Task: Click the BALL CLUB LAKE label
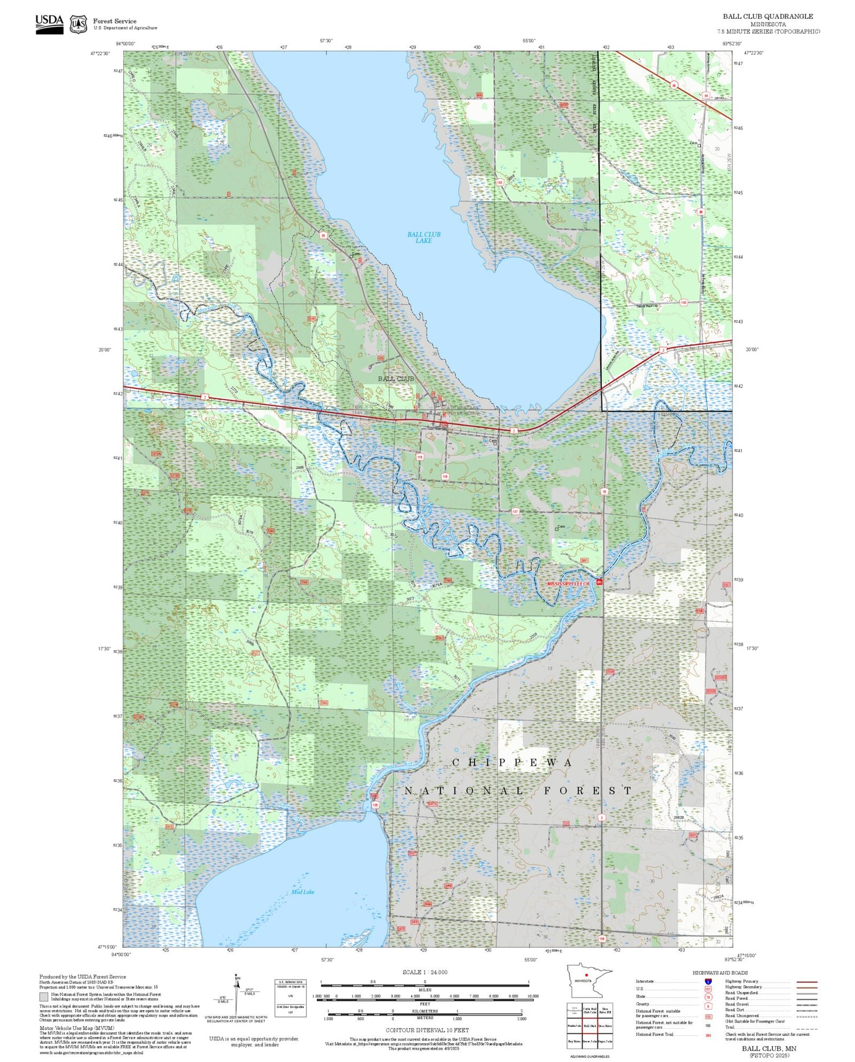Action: pos(424,237)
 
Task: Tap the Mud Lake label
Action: pos(302,891)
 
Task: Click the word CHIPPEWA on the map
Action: pos(512,763)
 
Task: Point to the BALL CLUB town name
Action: pos(396,379)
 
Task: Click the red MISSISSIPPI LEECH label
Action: pos(570,584)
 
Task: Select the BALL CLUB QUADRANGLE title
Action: pos(768,17)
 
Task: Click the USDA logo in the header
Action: pos(50,23)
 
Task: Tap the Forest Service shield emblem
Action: pos(78,25)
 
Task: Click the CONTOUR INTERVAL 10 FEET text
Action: pos(427,1030)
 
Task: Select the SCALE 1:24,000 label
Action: pos(425,972)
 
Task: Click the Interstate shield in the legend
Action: pos(708,981)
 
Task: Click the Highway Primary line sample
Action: pos(804,982)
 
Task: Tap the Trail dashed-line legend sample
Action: pos(804,1027)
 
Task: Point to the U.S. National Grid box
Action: pos(291,998)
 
